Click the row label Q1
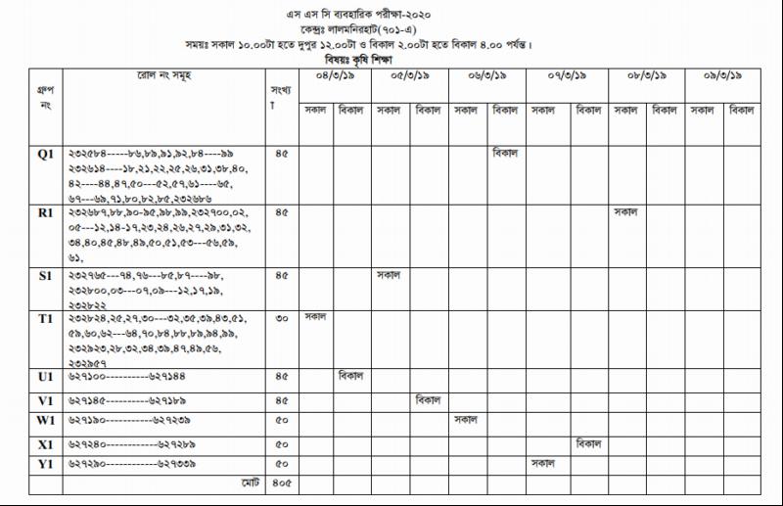[x=45, y=154]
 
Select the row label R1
[x=45, y=211]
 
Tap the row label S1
[x=45, y=276]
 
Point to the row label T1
[x=45, y=318]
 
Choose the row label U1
[x=45, y=376]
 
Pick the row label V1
[x=45, y=400]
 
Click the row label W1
[x=45, y=421]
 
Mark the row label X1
[x=45, y=443]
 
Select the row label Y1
[x=45, y=463]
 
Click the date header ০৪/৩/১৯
[x=335, y=75]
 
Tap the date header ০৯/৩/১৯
[x=722, y=75]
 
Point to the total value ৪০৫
[x=282, y=483]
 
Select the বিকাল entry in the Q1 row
[x=506, y=153]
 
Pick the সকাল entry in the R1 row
[x=625, y=210]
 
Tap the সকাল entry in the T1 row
[x=315, y=316]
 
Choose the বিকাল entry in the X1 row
[x=589, y=442]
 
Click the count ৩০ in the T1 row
[x=282, y=318]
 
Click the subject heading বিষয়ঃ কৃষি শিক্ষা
[x=390, y=60]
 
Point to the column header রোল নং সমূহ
[x=164, y=75]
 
